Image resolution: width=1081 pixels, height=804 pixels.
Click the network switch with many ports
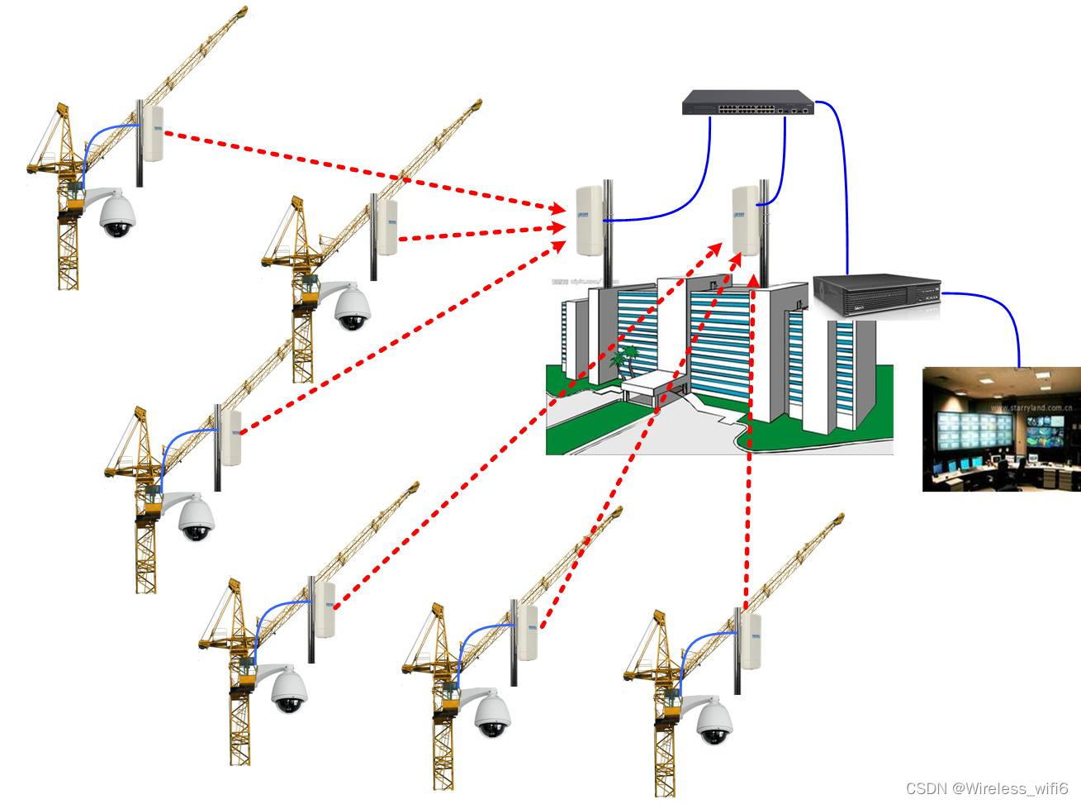click(747, 102)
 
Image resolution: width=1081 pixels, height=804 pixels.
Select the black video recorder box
click(877, 295)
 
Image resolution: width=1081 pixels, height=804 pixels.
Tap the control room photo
click(1001, 429)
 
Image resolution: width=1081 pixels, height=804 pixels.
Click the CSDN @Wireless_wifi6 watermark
click(987, 788)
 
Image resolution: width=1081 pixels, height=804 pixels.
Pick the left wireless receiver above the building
click(589, 221)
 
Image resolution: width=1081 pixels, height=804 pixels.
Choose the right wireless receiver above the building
click(745, 219)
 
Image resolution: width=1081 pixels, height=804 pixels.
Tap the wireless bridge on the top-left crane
click(154, 133)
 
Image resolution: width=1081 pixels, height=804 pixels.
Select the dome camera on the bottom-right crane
click(714, 722)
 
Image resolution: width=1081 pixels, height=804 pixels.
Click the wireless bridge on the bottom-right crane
click(751, 640)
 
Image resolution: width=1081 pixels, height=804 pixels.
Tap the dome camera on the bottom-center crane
click(493, 715)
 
